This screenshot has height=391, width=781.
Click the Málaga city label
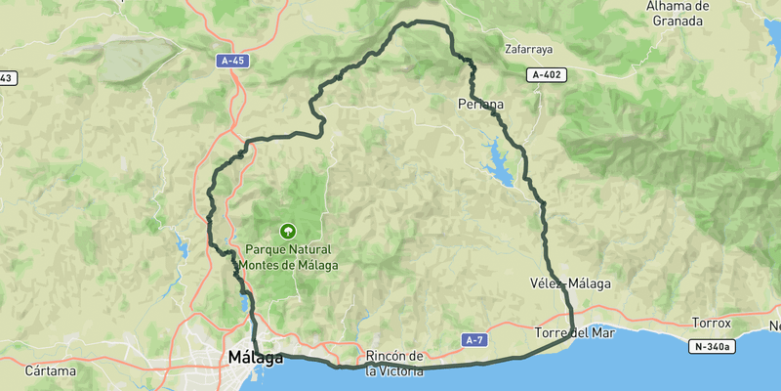tap(255, 358)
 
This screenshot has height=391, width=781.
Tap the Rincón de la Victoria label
tap(394, 363)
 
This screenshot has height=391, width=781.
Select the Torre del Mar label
tap(573, 333)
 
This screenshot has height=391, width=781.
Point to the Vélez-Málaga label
tap(570, 283)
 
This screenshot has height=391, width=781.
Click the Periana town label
tap(480, 103)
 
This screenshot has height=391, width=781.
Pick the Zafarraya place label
tap(528, 48)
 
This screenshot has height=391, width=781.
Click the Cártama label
tap(51, 370)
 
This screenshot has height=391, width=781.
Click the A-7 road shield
tap(474, 340)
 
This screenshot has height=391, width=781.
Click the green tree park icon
tap(287, 232)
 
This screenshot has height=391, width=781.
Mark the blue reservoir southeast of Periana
tap(499, 162)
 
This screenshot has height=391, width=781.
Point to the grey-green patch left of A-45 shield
tap(137, 59)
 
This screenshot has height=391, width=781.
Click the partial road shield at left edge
tap(6, 77)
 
